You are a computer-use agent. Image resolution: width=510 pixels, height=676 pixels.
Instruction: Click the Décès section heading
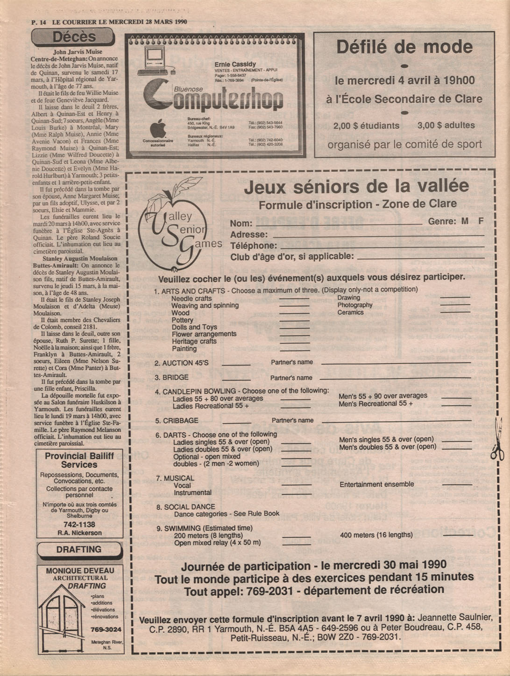coord(73,37)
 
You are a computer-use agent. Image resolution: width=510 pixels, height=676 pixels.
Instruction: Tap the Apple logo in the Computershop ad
coord(158,128)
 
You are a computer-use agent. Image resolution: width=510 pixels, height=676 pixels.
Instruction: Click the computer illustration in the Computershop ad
coord(155,61)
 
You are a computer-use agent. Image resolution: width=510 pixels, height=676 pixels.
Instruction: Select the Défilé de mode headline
coord(404,47)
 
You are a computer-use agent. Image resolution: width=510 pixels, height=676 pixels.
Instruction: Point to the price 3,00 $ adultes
coord(446,125)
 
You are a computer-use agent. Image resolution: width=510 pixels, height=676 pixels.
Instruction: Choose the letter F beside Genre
coord(481,221)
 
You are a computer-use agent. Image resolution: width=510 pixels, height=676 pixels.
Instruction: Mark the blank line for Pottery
coord(294,321)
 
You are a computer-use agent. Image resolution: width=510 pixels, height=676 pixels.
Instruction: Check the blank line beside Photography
coord(455,305)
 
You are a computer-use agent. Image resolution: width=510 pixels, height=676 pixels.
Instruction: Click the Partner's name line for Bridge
coord(395,377)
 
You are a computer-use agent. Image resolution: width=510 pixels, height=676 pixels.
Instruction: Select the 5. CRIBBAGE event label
coord(177,421)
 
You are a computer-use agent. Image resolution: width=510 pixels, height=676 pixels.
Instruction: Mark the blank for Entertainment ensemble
coord(456,485)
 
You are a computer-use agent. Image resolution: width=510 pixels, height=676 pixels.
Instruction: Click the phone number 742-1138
coord(79,525)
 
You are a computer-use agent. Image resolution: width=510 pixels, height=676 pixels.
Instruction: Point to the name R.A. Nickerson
coord(79,533)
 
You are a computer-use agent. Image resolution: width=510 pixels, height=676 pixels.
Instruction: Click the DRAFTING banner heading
coord(78,549)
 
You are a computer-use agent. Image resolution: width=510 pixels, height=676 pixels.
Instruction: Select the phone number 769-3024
coord(106,629)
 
